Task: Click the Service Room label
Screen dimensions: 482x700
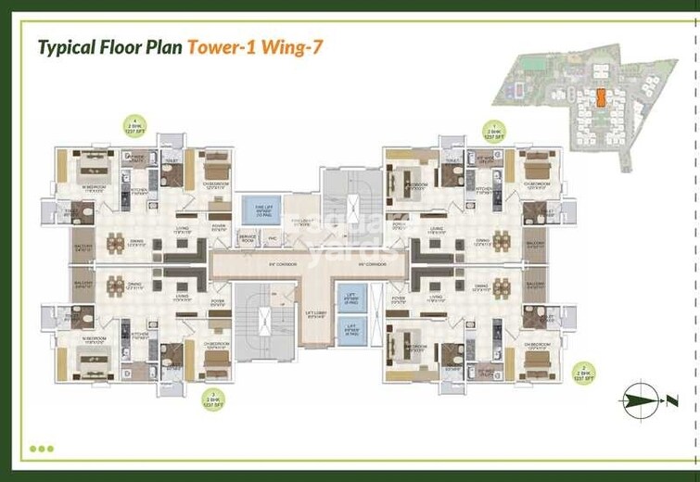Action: pos(248,238)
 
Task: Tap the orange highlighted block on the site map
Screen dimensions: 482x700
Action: pos(601,97)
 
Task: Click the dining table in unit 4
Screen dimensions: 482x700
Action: pos(115,245)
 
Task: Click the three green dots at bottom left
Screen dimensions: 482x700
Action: pos(42,449)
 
